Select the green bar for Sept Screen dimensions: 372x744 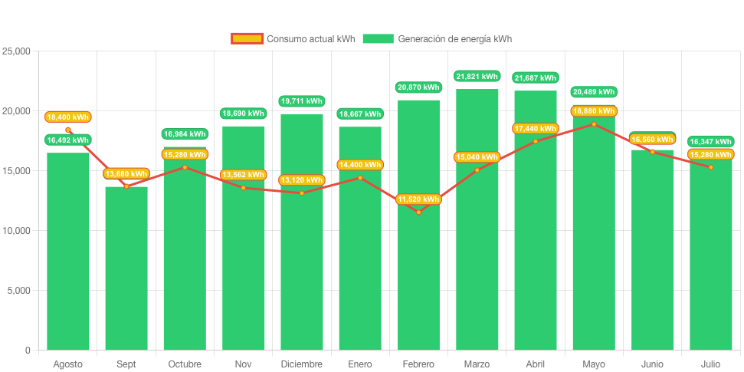[x=126, y=268]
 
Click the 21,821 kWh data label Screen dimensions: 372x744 [x=477, y=77]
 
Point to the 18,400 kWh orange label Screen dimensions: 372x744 [x=68, y=117]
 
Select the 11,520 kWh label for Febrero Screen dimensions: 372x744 [x=418, y=199]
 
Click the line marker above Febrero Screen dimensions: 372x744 [x=418, y=212]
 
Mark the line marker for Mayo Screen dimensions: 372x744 [x=594, y=124]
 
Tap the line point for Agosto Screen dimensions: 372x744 [x=68, y=130]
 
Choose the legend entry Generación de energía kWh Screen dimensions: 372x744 [x=437, y=39]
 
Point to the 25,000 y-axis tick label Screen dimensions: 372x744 [x=16, y=51]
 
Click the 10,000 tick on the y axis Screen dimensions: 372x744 [x=16, y=231]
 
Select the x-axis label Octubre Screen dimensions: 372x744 [x=185, y=364]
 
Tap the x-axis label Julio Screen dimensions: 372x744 [x=710, y=364]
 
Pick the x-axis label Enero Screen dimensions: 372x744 [x=360, y=364]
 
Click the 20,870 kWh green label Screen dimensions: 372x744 [x=418, y=87]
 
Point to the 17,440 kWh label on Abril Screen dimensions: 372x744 [x=536, y=128]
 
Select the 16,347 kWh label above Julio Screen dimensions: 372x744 [x=710, y=142]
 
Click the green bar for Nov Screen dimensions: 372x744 [x=243, y=245]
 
